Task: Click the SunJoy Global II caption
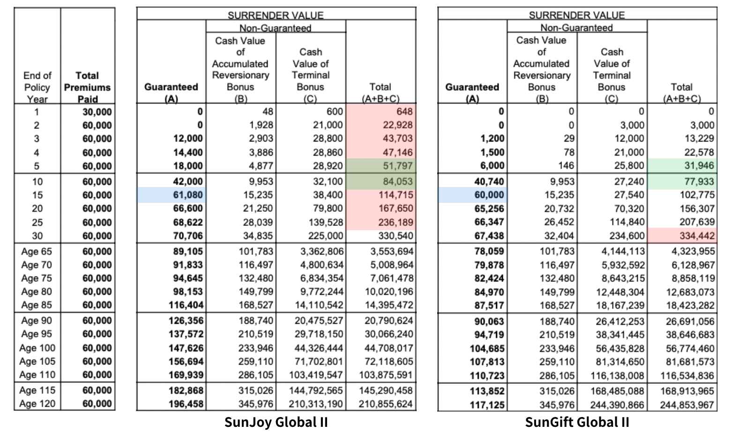pyautogui.click(x=276, y=422)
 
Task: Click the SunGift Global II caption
pyautogui.click(x=577, y=422)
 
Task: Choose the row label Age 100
pyautogui.click(x=37, y=348)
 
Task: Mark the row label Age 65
pyautogui.click(x=37, y=252)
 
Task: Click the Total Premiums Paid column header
pyautogui.click(x=87, y=87)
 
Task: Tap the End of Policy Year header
pyautogui.click(x=37, y=87)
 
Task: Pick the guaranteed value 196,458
pyautogui.click(x=186, y=404)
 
